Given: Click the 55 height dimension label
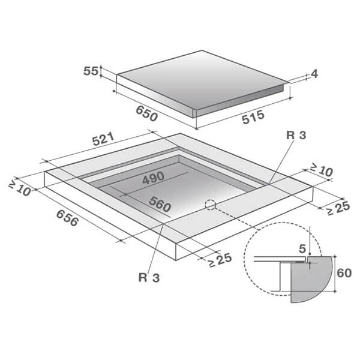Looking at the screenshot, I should [x=91, y=71].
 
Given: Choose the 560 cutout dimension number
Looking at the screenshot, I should [x=160, y=203].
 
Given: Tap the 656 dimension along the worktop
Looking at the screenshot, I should [x=67, y=218].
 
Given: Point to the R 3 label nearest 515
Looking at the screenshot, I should [x=296, y=136].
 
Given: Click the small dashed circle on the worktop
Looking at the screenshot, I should [x=211, y=205].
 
